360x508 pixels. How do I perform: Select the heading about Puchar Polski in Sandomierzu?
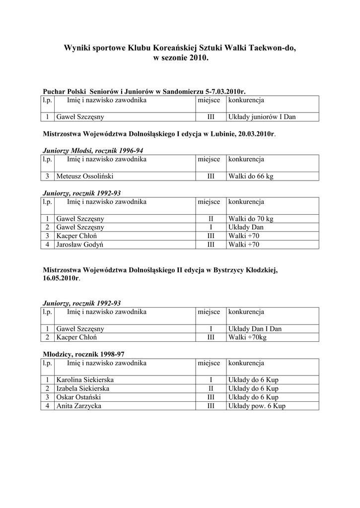coord(144,92)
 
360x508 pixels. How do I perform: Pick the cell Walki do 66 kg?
coord(251,176)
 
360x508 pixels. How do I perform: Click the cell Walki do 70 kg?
coord(251,219)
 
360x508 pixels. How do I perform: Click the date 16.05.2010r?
coord(61,279)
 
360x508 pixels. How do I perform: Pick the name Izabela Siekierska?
coord(83,388)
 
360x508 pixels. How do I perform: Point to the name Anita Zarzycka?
coord(79,406)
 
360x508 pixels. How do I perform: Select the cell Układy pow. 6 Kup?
coord(257,406)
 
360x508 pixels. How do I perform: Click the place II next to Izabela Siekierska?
coord(211,388)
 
